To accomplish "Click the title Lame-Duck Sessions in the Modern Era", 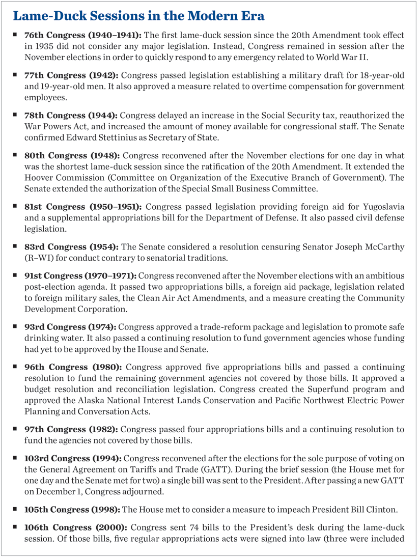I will (x=138, y=16).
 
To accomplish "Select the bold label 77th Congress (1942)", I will (x=72, y=75).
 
